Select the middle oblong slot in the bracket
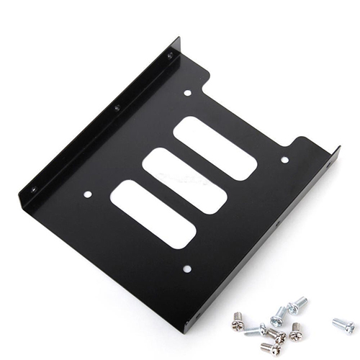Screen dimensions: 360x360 pos(184,180)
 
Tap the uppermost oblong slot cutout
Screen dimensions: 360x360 pos(215,148)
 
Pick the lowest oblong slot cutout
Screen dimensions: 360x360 pos(153,214)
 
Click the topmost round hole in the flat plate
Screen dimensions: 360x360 pos(187,93)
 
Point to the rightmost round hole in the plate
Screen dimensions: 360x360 pos(284,160)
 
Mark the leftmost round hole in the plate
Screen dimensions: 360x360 pos(88,194)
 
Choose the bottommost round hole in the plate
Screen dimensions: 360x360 pos(187,269)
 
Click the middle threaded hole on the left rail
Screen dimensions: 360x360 pos(117,108)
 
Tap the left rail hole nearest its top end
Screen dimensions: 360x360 pos(170,55)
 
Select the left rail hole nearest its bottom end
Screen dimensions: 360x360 pos(32,189)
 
